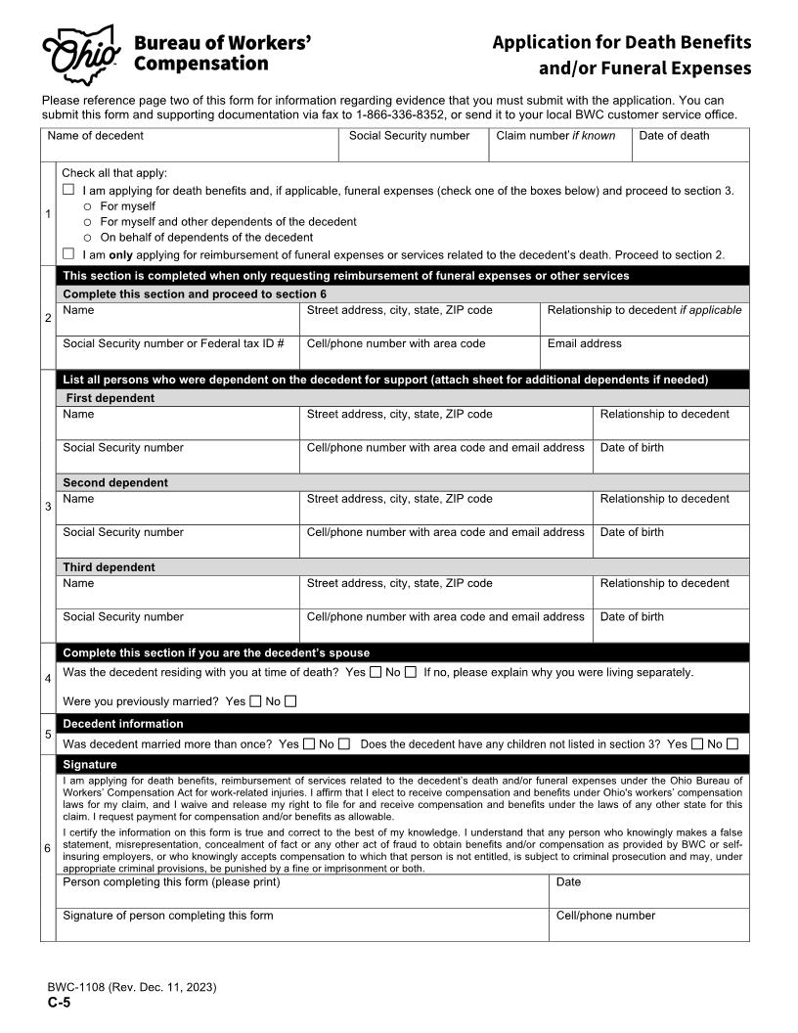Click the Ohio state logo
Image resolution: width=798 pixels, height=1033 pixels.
click(x=80, y=55)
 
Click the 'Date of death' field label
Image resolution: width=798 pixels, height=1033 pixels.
click(x=674, y=136)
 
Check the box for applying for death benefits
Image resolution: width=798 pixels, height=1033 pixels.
click(x=68, y=190)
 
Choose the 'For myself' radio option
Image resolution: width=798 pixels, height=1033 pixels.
click(x=88, y=206)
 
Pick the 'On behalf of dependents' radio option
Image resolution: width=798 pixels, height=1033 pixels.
click(x=88, y=238)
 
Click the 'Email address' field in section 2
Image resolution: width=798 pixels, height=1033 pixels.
click(x=645, y=353)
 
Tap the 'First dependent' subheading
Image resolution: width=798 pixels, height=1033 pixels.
click(x=110, y=398)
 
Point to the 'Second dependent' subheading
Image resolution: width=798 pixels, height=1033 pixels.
click(x=115, y=482)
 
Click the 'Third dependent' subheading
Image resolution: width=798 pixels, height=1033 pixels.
click(x=109, y=567)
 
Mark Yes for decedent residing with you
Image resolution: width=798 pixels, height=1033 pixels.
click(x=376, y=672)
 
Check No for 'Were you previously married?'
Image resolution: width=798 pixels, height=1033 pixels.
click(x=290, y=701)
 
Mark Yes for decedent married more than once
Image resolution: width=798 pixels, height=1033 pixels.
click(x=309, y=744)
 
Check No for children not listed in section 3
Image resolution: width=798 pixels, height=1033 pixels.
click(x=732, y=744)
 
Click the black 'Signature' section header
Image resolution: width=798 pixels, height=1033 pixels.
click(x=90, y=764)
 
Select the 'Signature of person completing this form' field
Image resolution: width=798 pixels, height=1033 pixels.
click(x=301, y=925)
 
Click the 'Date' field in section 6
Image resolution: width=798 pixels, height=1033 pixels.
click(x=648, y=892)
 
